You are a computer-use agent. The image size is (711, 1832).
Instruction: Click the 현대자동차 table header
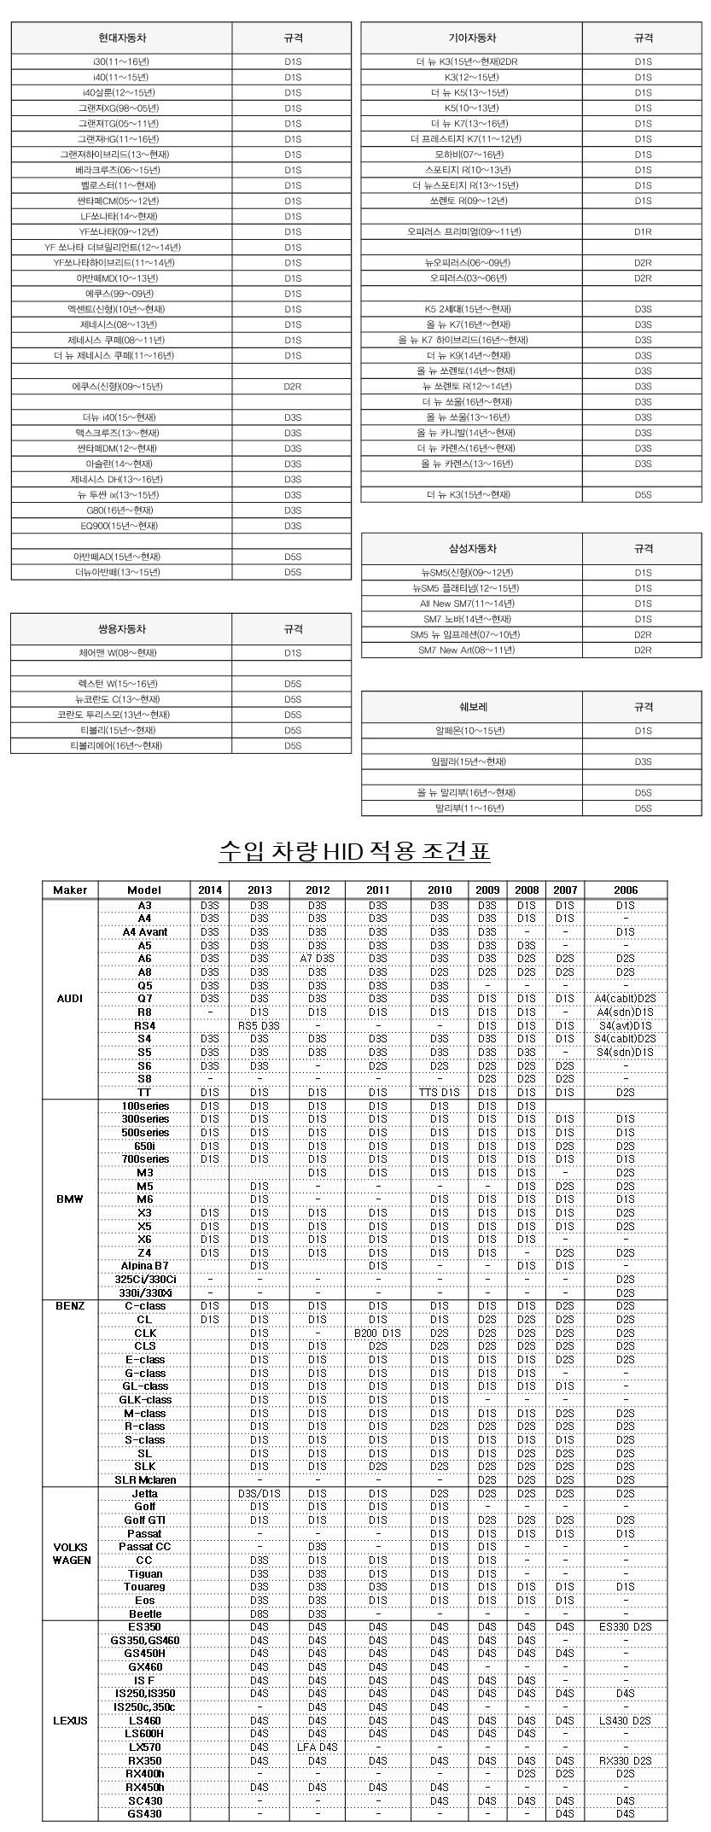coord(122,38)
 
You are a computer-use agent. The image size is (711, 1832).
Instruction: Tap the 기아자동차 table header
coord(472,38)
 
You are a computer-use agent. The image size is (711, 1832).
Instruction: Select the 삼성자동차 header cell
coord(472,549)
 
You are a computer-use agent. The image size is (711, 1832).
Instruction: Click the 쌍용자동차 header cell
coord(122,629)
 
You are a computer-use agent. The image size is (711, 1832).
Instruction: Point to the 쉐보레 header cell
coord(472,707)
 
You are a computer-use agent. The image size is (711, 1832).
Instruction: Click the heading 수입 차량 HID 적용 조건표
coord(355,851)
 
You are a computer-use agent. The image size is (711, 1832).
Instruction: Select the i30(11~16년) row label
coord(122,61)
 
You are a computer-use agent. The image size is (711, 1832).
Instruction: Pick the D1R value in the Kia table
coord(643,232)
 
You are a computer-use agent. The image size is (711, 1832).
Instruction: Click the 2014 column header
coord(209,890)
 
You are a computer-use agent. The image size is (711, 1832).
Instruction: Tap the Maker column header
coord(70,890)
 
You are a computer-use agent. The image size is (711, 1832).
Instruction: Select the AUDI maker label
coord(70,999)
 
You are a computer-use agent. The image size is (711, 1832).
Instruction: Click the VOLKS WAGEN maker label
coord(70,1553)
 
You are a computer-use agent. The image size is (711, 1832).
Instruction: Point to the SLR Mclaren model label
coord(145,1480)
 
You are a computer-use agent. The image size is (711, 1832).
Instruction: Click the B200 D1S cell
coord(378,1333)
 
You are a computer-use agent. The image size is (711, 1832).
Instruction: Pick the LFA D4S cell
coord(318,1747)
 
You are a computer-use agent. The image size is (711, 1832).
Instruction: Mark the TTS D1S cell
coord(440,1092)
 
